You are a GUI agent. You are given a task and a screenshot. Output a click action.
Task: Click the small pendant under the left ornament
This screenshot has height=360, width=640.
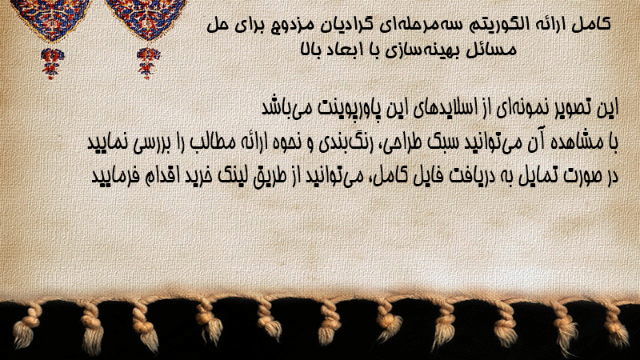point(51,63)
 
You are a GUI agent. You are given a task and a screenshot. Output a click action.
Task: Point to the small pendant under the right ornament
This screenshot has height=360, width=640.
point(147,63)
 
